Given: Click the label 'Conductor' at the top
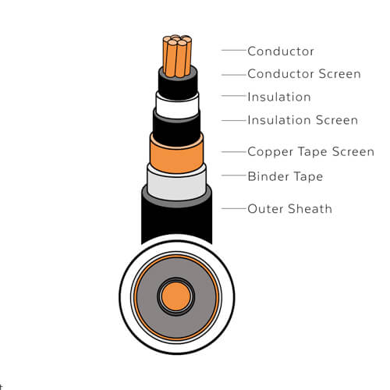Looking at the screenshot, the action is [281, 51].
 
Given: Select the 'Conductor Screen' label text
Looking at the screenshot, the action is [304, 74].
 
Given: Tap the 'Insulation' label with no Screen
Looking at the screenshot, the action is [279, 97].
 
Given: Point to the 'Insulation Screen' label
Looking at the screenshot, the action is [303, 120].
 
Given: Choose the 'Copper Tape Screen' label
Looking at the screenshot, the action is [310, 152].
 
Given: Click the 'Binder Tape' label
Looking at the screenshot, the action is [285, 176].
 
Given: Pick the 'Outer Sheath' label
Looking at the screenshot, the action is [289, 209].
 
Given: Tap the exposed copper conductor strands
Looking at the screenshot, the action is [177, 56].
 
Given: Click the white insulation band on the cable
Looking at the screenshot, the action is [177, 105].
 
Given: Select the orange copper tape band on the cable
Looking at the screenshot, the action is [176, 154].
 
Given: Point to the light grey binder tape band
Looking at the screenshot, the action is [177, 183].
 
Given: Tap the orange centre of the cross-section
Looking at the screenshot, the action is [176, 296].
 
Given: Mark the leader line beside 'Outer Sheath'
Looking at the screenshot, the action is [234, 208].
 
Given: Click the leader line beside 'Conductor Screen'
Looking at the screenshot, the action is [234, 75].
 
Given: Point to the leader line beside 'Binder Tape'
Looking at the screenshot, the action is [234, 175].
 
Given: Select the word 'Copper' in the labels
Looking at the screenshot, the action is [271, 152].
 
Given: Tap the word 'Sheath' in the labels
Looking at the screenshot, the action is [310, 209].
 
